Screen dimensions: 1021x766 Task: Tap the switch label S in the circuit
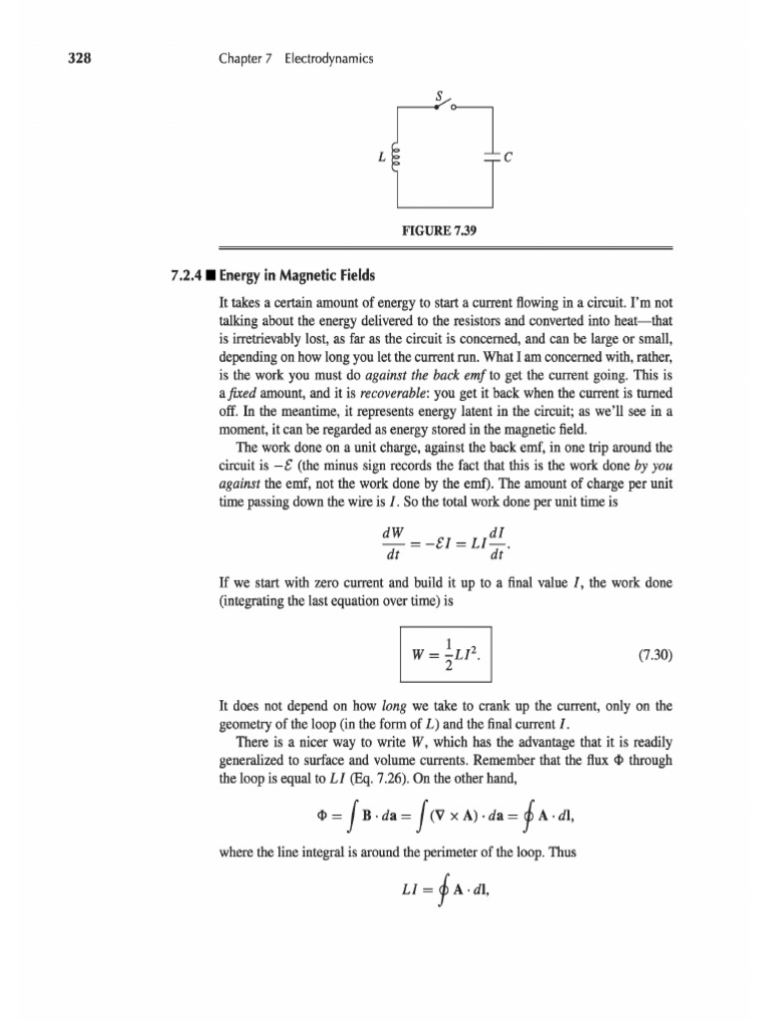(x=437, y=96)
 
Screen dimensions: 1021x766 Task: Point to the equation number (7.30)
(x=655, y=656)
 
